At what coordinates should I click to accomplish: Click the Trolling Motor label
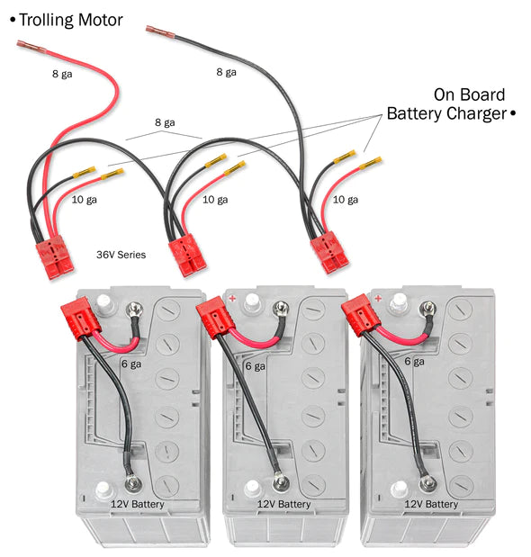pos(70,19)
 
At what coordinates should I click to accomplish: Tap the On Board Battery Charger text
pos(446,104)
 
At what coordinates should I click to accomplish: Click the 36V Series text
pos(121,255)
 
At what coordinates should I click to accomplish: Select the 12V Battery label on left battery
pos(137,504)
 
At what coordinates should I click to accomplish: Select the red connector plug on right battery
pos(358,316)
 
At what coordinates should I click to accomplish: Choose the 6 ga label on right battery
pos(413,361)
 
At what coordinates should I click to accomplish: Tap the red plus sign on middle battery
pos(232,297)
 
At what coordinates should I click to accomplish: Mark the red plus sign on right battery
pos(377,298)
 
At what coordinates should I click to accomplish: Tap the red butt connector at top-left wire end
pos(29,47)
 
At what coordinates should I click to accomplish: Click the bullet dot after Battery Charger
pos(512,114)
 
